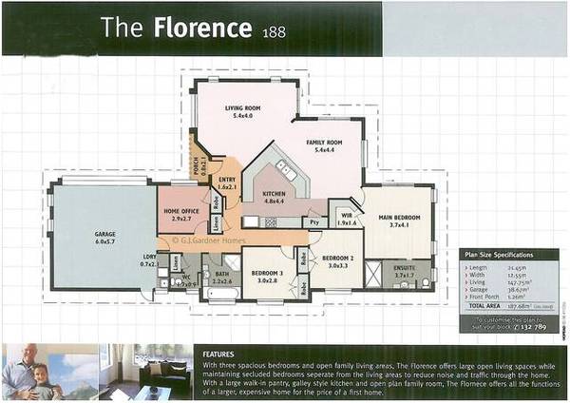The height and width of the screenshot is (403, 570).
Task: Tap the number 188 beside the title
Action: tap(270, 30)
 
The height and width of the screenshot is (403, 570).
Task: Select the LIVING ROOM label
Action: tap(242, 109)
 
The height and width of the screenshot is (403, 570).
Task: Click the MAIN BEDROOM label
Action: tap(398, 220)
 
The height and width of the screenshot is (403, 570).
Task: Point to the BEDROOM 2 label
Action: tap(337, 258)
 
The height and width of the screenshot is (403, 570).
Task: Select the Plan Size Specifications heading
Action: tap(498, 255)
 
